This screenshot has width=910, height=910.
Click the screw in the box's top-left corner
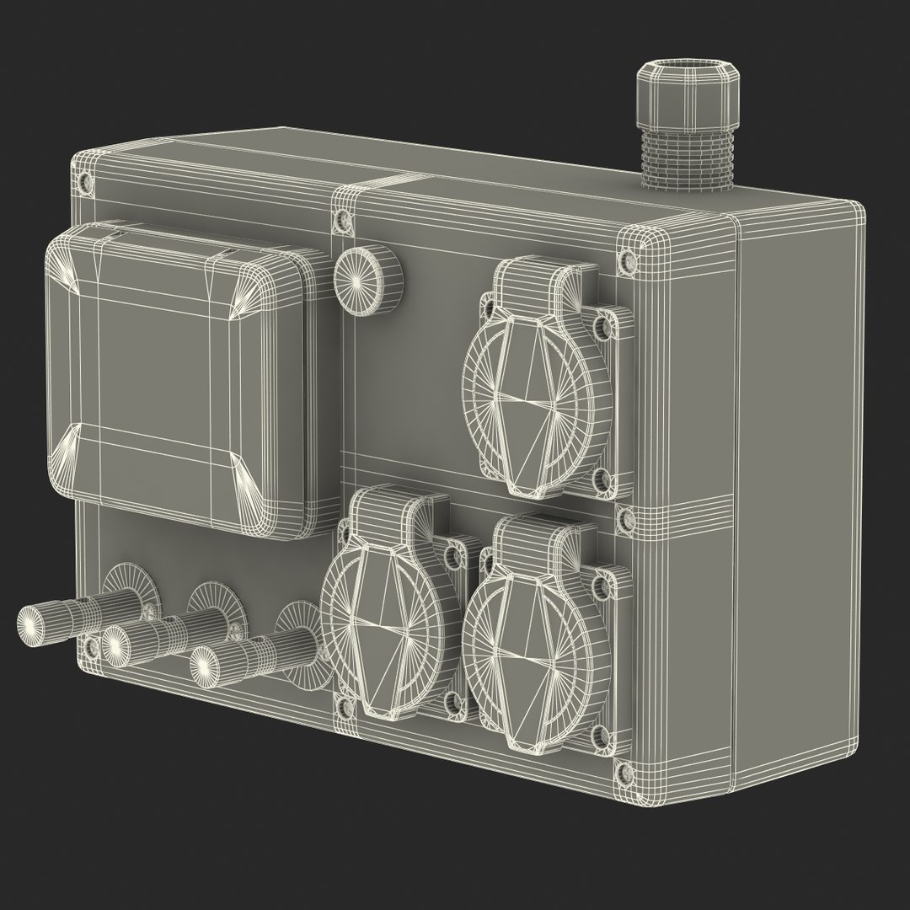[83, 180]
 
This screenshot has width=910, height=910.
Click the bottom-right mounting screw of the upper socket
[602, 480]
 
